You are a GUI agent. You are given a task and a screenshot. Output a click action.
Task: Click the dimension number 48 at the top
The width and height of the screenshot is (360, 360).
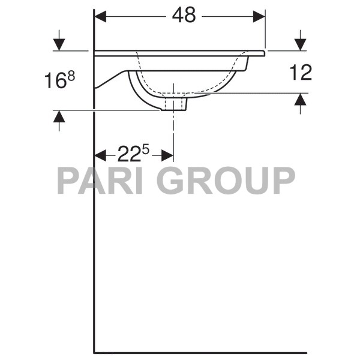point(184,16)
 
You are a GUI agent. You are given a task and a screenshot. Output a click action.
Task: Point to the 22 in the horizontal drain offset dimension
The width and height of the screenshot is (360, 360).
point(128,155)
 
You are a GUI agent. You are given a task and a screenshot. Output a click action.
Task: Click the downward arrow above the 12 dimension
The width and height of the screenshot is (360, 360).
point(299,44)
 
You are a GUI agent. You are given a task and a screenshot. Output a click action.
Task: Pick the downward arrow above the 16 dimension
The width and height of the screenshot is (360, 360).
point(59,44)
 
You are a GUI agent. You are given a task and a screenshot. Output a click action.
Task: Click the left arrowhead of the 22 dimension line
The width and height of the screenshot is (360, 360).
point(100,156)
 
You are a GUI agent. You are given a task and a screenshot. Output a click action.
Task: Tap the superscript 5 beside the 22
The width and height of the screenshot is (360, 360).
point(145,151)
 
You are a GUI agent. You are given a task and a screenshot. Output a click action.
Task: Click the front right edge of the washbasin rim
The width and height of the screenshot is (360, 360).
point(263,53)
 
